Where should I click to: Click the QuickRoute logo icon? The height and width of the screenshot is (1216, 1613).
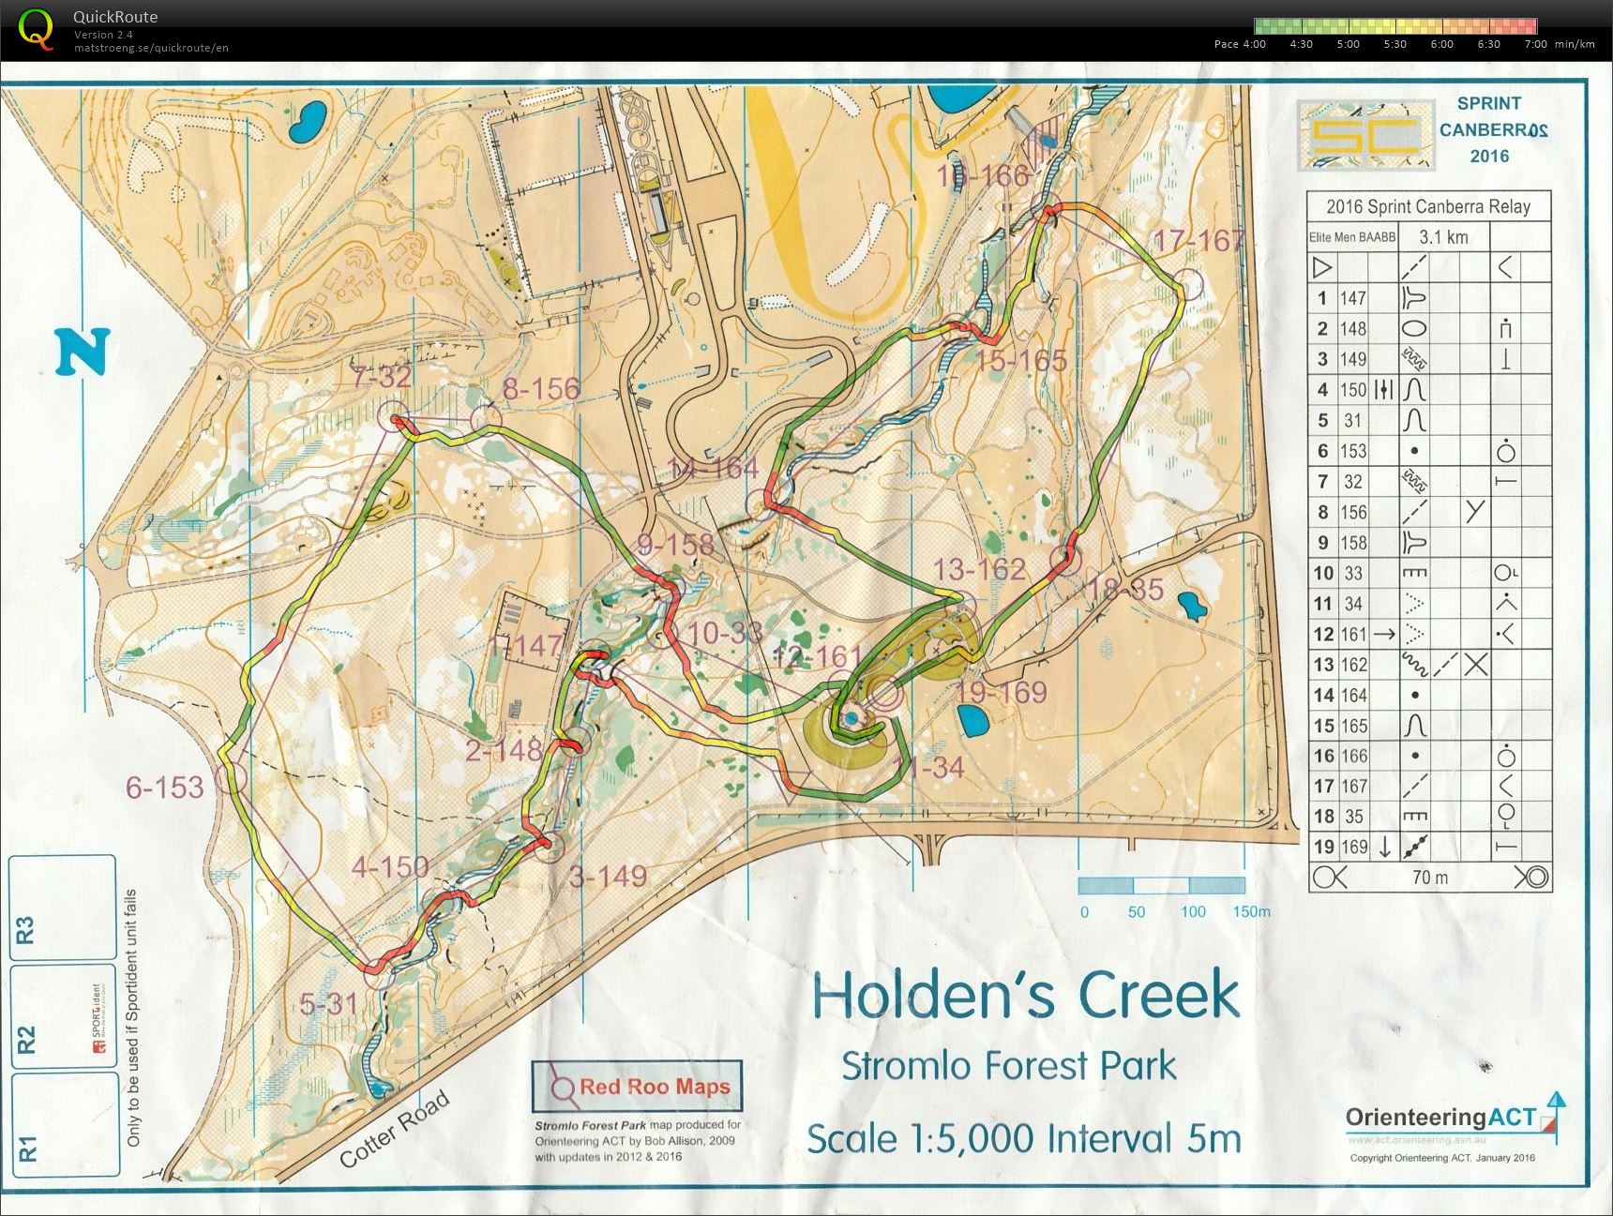(x=35, y=27)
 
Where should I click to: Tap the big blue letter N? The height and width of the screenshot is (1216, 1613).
(x=83, y=353)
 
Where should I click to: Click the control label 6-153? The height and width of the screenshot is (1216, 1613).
(x=165, y=788)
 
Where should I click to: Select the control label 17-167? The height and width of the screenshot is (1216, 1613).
(x=1198, y=242)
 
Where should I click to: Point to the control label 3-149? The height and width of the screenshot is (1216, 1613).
(x=608, y=877)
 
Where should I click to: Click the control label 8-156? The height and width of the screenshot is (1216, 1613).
(x=541, y=389)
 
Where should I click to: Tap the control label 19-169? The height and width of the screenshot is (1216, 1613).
(x=1002, y=693)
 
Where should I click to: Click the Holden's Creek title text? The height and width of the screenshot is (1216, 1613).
(x=1025, y=996)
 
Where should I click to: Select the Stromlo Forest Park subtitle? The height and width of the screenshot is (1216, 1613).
(x=1008, y=1066)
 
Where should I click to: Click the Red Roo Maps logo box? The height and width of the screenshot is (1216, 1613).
(x=638, y=1087)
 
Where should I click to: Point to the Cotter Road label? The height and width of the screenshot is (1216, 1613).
(x=395, y=1130)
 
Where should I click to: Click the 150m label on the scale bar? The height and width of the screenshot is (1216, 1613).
(x=1251, y=912)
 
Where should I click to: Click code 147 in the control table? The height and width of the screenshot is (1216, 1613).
(x=1352, y=299)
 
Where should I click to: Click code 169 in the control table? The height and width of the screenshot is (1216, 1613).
(x=1352, y=847)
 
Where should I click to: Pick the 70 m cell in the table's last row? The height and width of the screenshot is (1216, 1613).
(x=1429, y=878)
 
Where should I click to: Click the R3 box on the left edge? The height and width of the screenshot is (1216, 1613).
(x=25, y=929)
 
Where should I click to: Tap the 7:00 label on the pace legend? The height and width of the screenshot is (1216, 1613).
(x=1535, y=44)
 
